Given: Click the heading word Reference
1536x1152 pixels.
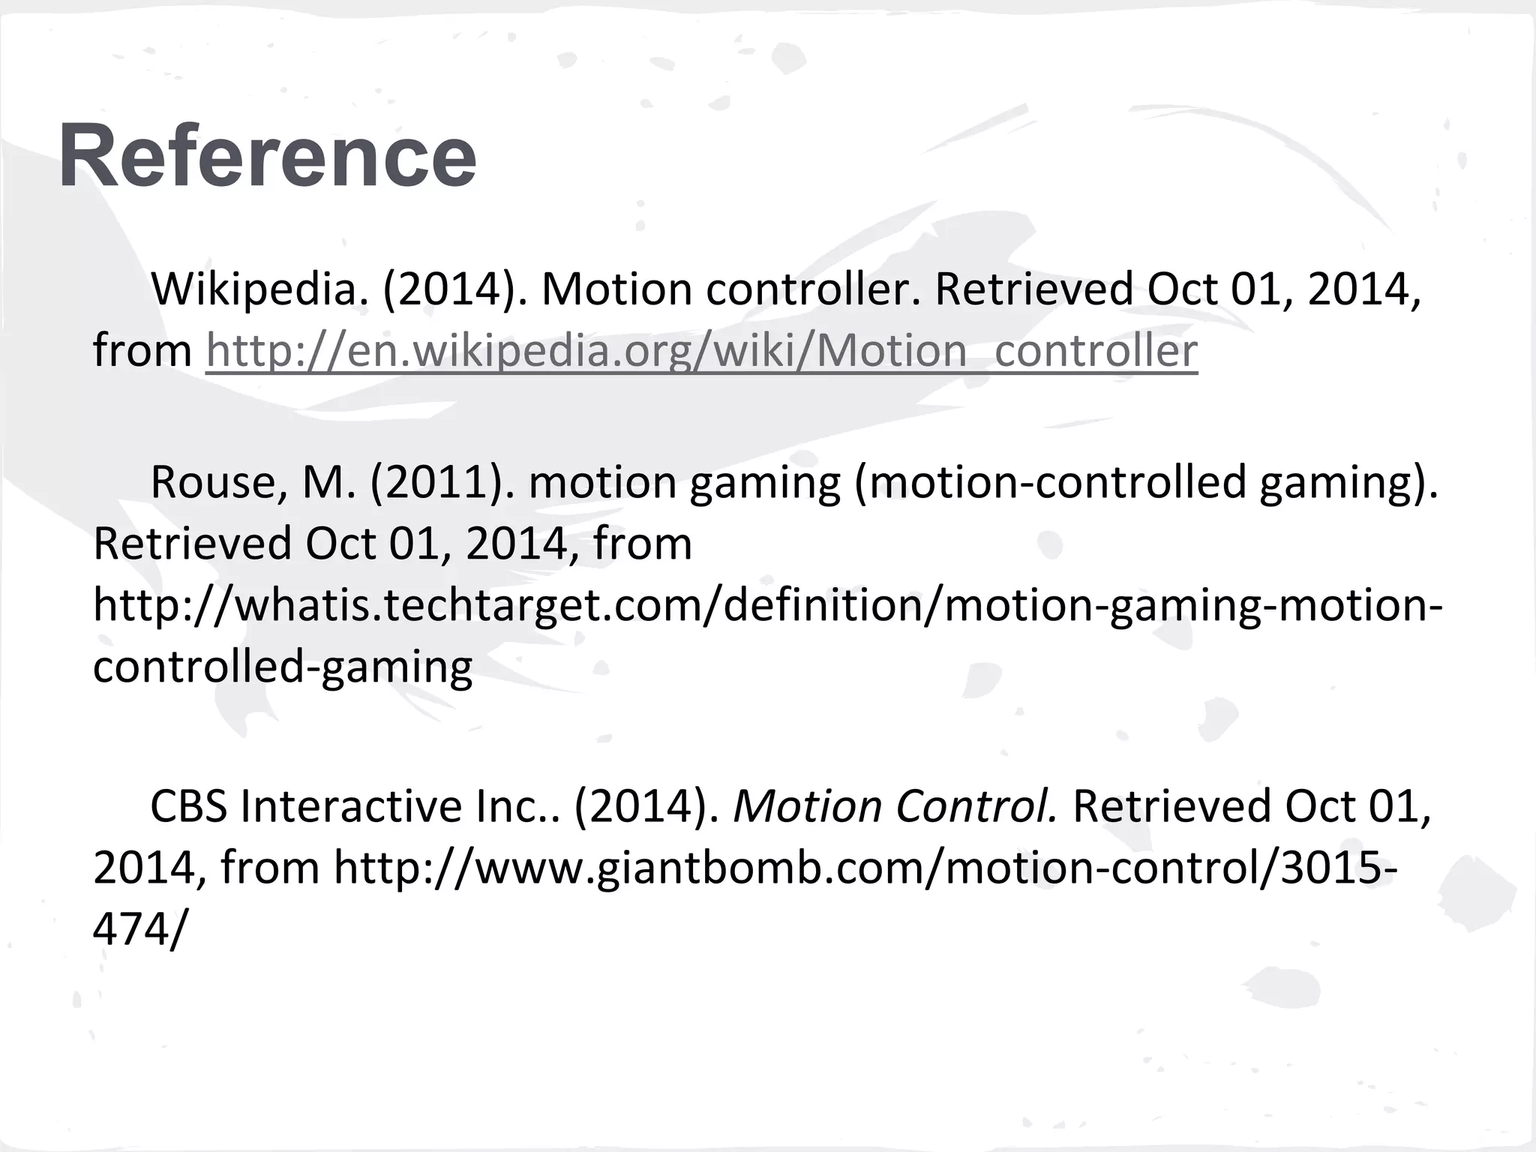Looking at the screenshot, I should coord(267,156).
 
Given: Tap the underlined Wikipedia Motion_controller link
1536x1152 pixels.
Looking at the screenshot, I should coord(701,350).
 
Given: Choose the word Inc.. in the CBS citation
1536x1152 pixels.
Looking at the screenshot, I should coord(517,806).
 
